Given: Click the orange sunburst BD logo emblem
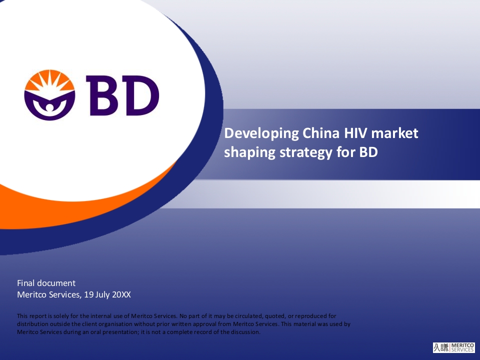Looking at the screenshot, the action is (x=49, y=95).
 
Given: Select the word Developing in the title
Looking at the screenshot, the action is (x=261, y=134).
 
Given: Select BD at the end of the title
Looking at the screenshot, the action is (x=368, y=152).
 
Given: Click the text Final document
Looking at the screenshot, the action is (x=46, y=283).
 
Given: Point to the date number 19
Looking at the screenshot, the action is (x=89, y=294).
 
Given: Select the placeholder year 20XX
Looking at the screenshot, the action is (x=121, y=294).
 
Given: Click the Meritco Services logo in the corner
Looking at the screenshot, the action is (x=453, y=347).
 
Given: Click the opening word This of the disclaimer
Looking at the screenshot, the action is (x=22, y=316).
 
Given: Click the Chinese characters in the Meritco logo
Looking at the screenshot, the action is (x=441, y=347).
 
